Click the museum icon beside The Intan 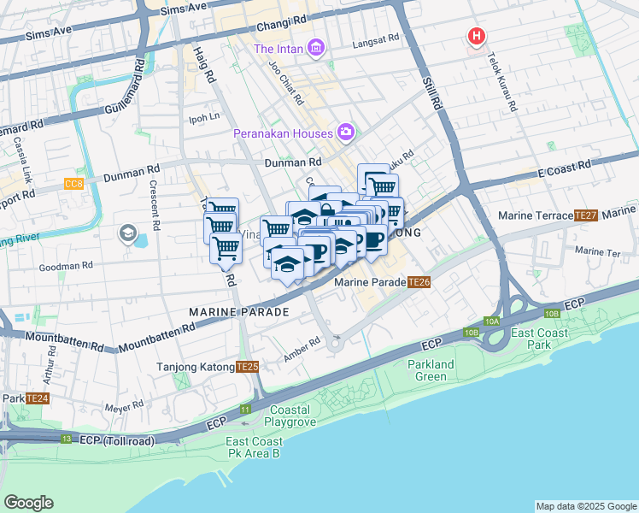pyautogui.click(x=317, y=47)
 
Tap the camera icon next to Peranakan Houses pyautogui.click(x=347, y=133)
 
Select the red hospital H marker pyautogui.click(x=476, y=36)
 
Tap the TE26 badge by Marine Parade pyautogui.click(x=419, y=282)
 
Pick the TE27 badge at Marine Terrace pyautogui.click(x=586, y=215)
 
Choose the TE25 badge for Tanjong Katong pyautogui.click(x=247, y=367)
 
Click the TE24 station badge pyautogui.click(x=37, y=398)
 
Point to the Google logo pyautogui.click(x=28, y=502)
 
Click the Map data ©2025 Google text pyautogui.click(x=586, y=506)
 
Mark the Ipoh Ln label pyautogui.click(x=204, y=116)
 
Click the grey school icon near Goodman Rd pyautogui.click(x=128, y=233)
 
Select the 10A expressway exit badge pyautogui.click(x=491, y=321)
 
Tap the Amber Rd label pyautogui.click(x=302, y=342)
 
